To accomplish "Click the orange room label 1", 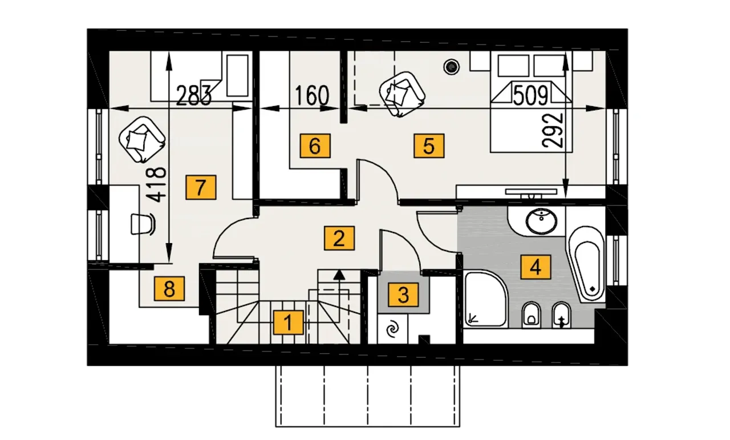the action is (288, 322).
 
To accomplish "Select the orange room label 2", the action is (339, 238).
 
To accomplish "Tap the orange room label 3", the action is (403, 295).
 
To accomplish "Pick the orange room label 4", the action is (536, 267).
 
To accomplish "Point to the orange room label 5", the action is (429, 146).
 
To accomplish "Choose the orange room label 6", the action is (315, 146).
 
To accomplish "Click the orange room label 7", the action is (201, 187).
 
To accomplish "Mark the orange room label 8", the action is (169, 289).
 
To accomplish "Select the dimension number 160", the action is (312, 96).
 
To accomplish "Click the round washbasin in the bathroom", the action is (541, 221).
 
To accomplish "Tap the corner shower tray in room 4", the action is (485, 299).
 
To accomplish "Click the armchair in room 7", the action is (142, 140).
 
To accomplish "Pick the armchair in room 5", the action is (402, 94).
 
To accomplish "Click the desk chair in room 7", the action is (143, 224).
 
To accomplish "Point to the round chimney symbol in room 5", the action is (451, 67).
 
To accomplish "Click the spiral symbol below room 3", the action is (392, 329).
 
